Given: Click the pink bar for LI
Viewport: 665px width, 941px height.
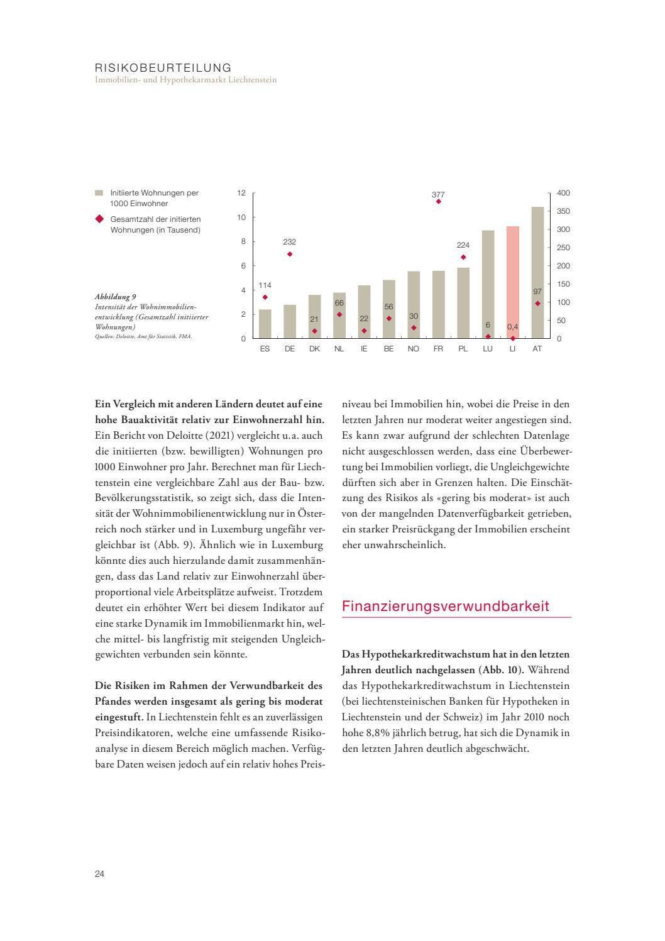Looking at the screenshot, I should point(512,282).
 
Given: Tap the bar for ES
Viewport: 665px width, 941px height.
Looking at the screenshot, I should point(265,324).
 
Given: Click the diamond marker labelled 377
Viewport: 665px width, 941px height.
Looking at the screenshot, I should point(438,202).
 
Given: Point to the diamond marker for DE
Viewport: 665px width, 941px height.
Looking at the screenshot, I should point(290,254).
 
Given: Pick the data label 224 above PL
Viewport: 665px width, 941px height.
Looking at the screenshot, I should point(463,245).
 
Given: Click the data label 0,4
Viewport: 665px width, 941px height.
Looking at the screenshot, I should point(512,327).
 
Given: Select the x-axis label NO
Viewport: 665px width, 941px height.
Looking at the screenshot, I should point(413,349).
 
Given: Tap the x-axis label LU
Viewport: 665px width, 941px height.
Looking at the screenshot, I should point(488,349).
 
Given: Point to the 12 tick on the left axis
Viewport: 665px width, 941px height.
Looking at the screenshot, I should point(241,193).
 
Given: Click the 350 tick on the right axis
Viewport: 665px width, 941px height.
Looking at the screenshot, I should point(563,211).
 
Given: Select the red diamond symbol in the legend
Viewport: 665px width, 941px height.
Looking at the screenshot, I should point(99,219).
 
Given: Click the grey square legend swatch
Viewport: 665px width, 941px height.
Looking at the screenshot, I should point(99,193).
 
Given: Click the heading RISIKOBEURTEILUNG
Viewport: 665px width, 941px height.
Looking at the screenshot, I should point(163,67).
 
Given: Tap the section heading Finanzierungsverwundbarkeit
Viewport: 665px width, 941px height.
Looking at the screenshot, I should point(445,606).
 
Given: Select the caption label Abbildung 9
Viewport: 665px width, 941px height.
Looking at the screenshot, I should point(116,297).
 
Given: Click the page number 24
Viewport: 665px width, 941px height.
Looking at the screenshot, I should point(100,874).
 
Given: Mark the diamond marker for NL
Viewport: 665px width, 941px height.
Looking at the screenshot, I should point(339,314).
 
